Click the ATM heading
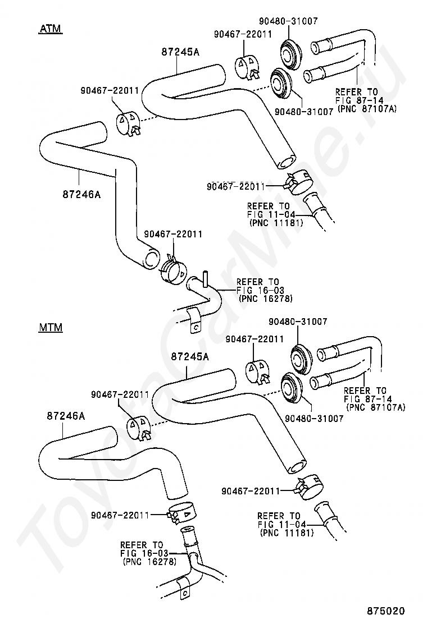(51, 29)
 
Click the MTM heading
(51, 327)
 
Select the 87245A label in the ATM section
(180, 52)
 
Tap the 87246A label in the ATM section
(81, 194)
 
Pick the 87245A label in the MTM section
(190, 356)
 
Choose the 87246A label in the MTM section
(66, 416)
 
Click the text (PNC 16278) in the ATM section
(266, 299)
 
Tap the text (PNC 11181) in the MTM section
(287, 533)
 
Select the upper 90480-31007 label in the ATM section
(288, 21)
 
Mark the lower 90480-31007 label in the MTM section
(314, 418)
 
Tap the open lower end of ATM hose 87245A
(287, 162)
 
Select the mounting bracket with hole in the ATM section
(193, 320)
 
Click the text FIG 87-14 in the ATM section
(357, 100)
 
